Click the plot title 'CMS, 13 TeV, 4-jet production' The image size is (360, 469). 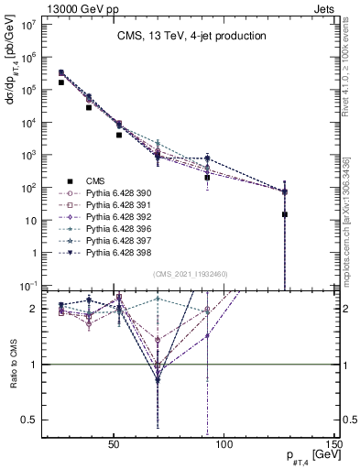tap(191, 37)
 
